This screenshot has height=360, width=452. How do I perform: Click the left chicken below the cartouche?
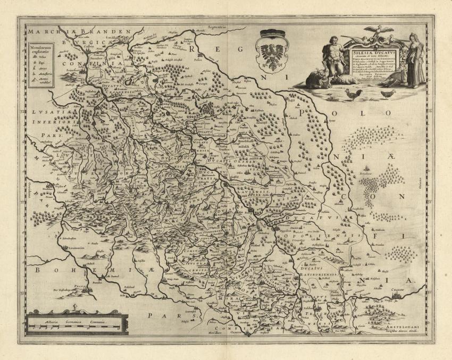point(353,94)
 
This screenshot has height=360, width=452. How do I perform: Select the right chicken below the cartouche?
point(388,94)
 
